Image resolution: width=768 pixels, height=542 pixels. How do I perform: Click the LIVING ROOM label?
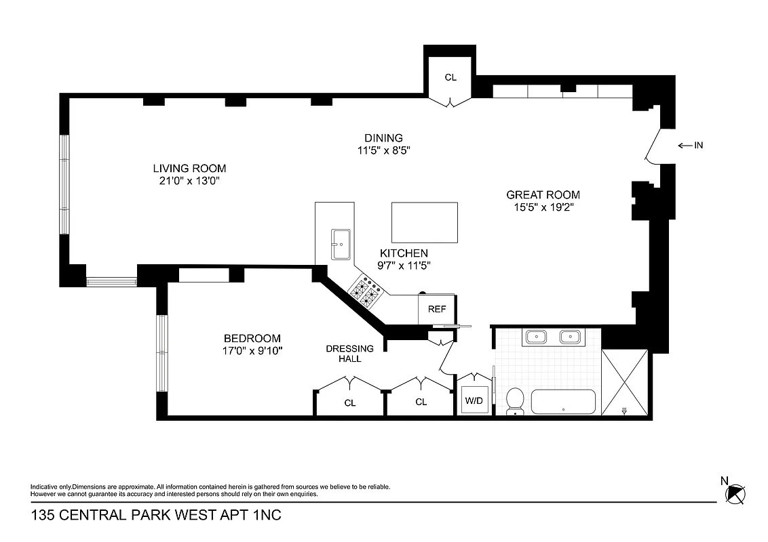pyautogui.click(x=189, y=169)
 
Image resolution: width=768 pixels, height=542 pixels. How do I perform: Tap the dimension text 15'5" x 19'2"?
pyautogui.click(x=543, y=207)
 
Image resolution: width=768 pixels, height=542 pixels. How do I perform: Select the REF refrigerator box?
pyautogui.click(x=437, y=309)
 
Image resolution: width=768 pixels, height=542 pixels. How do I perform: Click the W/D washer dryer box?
pyautogui.click(x=473, y=400)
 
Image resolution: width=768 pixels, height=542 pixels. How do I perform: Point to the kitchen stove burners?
pyautogui.click(x=365, y=293)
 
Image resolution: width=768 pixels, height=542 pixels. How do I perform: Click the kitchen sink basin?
pyautogui.click(x=340, y=244)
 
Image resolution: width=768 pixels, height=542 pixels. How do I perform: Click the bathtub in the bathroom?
pyautogui.click(x=563, y=402)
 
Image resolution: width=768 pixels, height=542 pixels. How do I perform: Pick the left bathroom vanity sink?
pyautogui.click(x=537, y=336)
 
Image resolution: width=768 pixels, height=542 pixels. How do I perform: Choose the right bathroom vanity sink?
pyautogui.click(x=570, y=336)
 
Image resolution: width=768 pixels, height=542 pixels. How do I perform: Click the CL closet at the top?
pyautogui.click(x=450, y=77)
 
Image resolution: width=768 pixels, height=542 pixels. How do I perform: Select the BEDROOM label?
pyautogui.click(x=252, y=339)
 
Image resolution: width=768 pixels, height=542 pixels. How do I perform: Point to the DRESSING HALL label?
pyautogui.click(x=349, y=354)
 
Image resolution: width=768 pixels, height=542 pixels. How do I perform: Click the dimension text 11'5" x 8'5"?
pyautogui.click(x=383, y=150)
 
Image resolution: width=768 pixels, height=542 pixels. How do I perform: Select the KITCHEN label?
pyautogui.click(x=404, y=253)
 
